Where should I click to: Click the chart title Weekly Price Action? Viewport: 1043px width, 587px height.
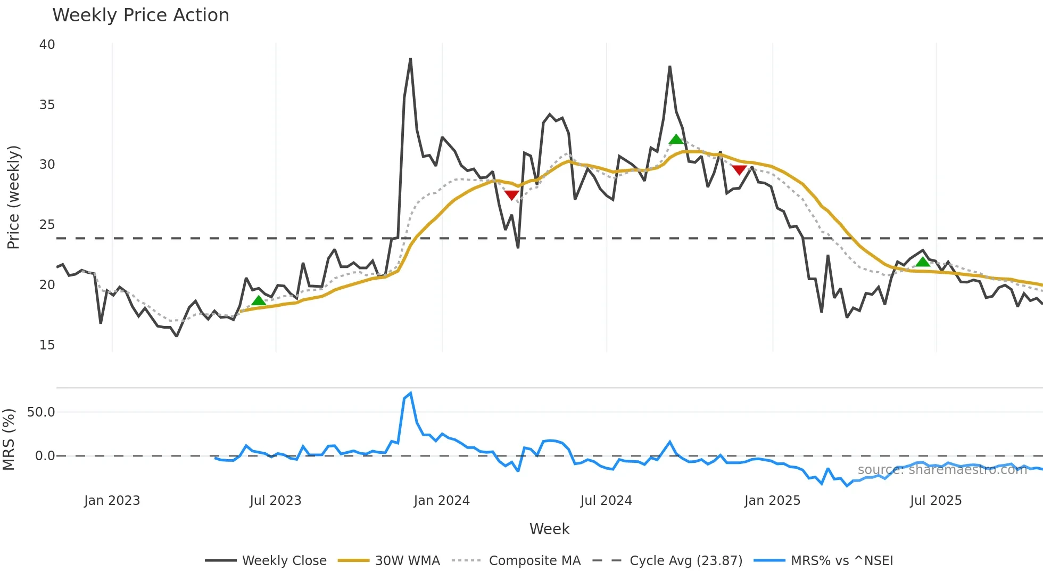coord(140,15)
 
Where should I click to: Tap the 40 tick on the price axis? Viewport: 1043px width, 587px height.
coord(47,45)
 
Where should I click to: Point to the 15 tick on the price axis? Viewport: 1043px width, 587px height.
coord(47,345)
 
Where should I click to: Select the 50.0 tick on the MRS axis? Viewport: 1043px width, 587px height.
coord(41,412)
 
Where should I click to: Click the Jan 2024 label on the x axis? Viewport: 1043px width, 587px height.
coord(442,501)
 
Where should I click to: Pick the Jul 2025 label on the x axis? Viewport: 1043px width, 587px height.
coord(936,501)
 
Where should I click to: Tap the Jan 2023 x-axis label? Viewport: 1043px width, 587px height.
coord(112,501)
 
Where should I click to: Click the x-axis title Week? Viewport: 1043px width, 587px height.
coord(549,529)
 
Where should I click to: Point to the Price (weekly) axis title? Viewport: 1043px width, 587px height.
coord(13,197)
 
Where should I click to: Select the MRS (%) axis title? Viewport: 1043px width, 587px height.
coord(9,439)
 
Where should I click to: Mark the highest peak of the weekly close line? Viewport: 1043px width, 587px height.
coord(410,59)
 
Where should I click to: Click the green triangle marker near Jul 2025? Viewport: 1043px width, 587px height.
coord(923,262)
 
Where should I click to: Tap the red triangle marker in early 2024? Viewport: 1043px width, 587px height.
coord(511,195)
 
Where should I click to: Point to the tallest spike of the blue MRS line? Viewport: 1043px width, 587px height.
coord(410,394)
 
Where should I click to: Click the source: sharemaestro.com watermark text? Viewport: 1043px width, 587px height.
coord(942,470)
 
